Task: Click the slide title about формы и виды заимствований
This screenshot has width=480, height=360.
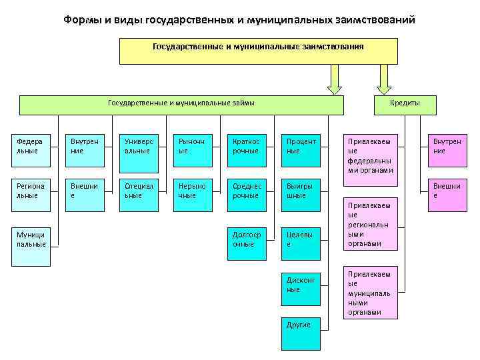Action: pos(239,19)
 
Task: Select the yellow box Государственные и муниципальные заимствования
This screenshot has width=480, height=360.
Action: pos(258,51)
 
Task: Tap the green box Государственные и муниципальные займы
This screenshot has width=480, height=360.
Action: pos(181,105)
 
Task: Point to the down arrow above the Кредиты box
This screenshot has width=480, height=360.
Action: pos(385,80)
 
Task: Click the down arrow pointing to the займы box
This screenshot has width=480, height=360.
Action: pos(335,80)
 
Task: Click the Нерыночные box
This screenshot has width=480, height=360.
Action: pos(192,195)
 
